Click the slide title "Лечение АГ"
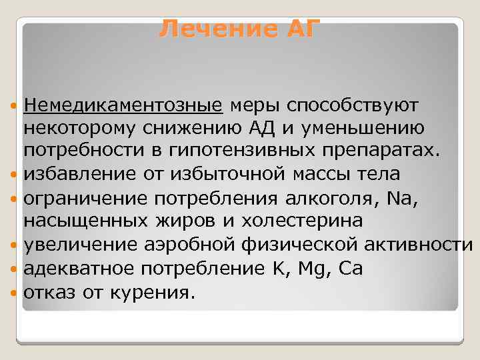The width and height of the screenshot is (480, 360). point(241,29)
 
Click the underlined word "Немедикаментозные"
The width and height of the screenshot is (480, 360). point(123,105)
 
